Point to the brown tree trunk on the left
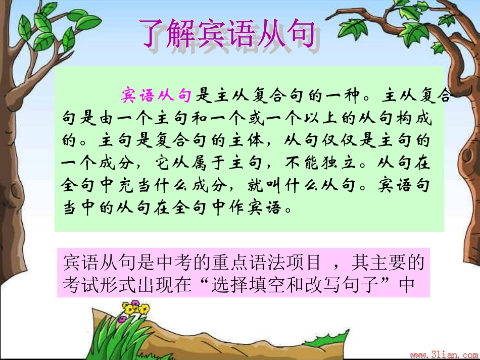20,192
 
